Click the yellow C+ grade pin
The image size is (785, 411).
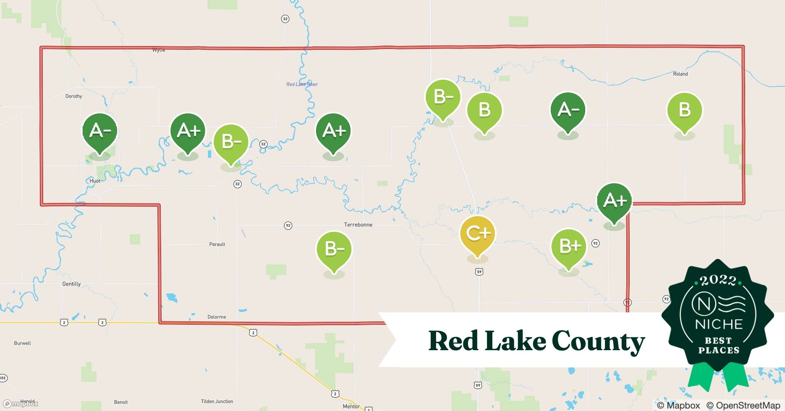point(477,234)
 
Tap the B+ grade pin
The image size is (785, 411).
point(568,247)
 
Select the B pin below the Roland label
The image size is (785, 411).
point(684,110)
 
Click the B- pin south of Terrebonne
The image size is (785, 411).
point(334,249)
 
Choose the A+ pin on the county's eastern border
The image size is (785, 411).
point(614,201)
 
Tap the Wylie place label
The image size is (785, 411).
point(159,50)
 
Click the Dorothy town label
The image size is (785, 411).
point(74,96)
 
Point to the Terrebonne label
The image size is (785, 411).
point(358,225)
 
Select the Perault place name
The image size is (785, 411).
point(217,244)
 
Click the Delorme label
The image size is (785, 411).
point(217,317)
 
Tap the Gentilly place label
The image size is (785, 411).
point(72,284)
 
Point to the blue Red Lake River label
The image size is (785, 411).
point(302,84)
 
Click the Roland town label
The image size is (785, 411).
point(680,74)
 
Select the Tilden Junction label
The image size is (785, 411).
point(217,402)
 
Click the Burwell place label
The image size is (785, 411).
point(23,343)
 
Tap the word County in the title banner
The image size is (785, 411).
point(598,342)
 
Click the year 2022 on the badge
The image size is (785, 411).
point(718,280)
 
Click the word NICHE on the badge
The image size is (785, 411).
point(719,324)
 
